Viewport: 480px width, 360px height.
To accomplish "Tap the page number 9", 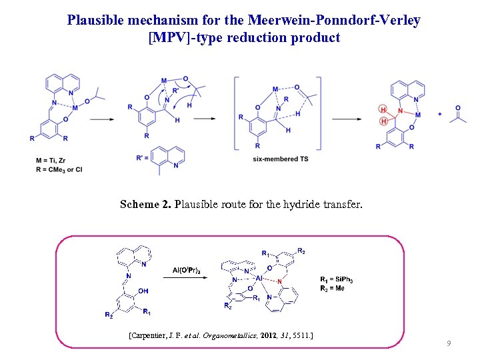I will point(449,343).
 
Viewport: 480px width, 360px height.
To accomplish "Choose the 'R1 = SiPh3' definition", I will point(337,279).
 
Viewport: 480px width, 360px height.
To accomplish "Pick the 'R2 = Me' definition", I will point(333,288).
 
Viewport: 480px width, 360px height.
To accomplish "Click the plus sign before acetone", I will point(440,114).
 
